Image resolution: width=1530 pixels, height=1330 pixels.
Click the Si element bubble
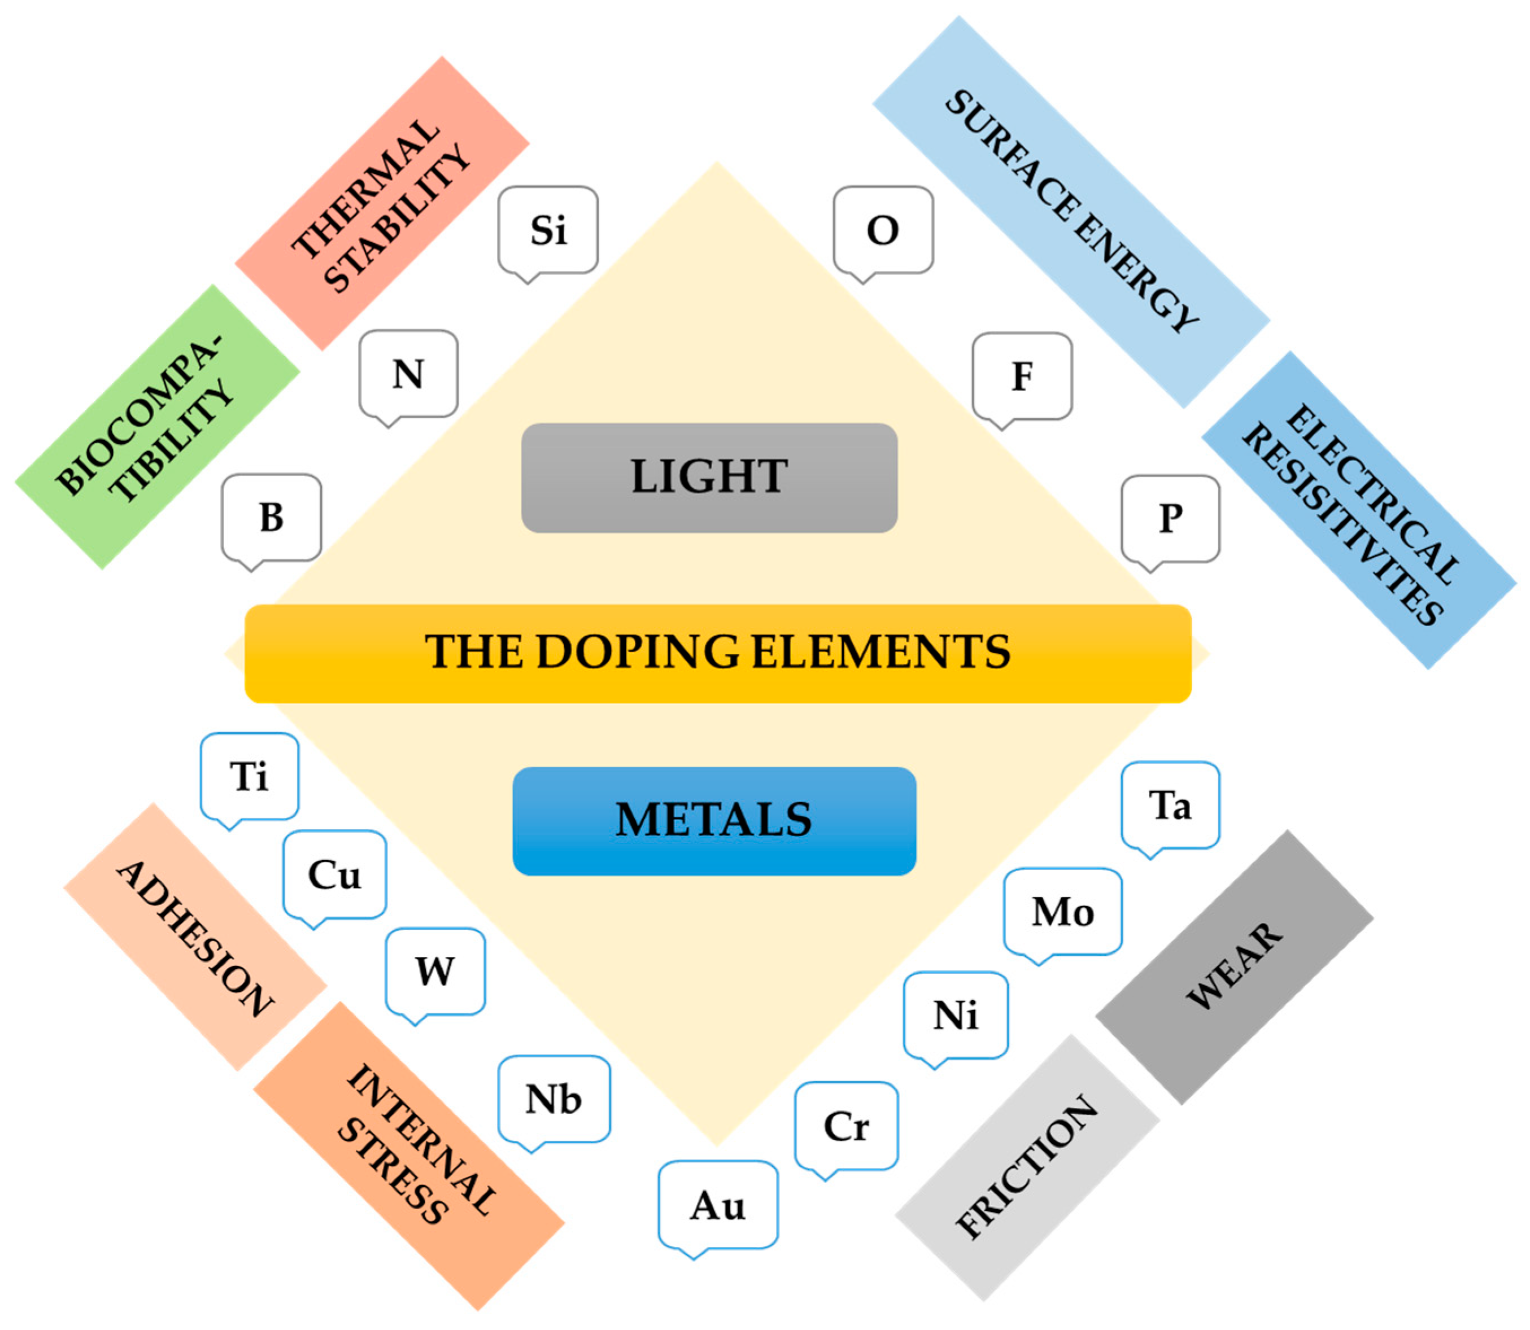tap(548, 230)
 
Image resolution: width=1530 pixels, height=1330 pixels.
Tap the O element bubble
tap(883, 230)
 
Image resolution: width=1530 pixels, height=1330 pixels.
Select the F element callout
tap(1022, 377)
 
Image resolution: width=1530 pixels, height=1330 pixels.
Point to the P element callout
tap(1170, 519)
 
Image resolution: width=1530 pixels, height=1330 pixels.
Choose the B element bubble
tap(272, 517)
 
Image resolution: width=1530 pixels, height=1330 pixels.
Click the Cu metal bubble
tap(335, 874)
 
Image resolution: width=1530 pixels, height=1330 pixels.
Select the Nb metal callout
tap(554, 1099)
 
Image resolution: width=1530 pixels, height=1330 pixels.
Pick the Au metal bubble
tap(718, 1205)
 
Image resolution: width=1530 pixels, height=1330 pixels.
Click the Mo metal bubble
tap(1062, 911)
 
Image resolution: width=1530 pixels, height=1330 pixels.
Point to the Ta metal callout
tap(1170, 805)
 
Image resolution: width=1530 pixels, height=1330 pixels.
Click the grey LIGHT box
tap(709, 477)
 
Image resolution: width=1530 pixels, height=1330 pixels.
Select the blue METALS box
tap(713, 821)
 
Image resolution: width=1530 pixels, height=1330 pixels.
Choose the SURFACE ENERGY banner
tap(1070, 212)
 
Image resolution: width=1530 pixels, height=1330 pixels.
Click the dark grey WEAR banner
tap(1234, 966)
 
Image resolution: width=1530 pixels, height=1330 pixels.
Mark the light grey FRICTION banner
tap(1027, 1167)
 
